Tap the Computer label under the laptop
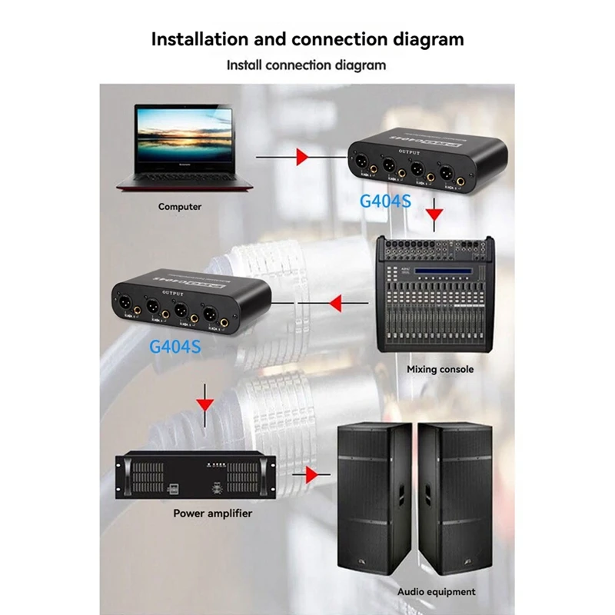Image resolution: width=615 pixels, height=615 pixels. pos(180,206)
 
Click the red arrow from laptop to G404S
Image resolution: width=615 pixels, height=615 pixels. pos(302,157)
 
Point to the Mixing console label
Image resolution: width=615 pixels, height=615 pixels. pos(440,369)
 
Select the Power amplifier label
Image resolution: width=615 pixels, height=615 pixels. pos(212,512)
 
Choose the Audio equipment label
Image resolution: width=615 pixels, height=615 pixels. pos(436,592)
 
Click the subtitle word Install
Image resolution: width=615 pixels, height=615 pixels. pos(245,65)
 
